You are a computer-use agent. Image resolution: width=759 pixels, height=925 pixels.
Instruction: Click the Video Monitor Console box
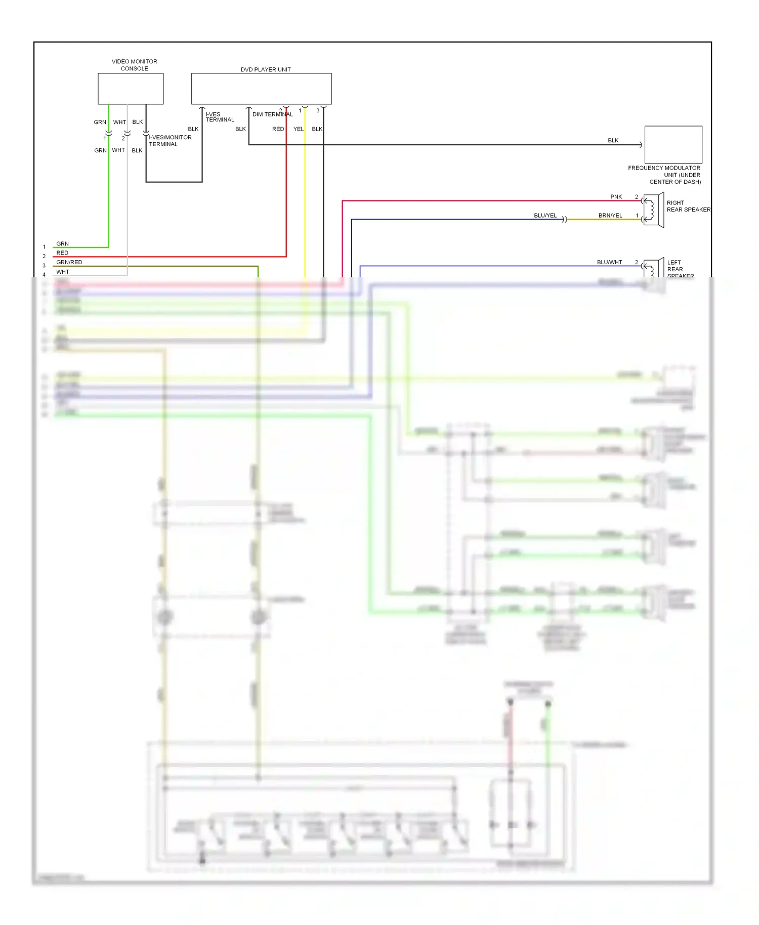tap(131, 89)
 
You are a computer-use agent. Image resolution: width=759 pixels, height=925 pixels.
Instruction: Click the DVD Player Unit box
tap(261, 89)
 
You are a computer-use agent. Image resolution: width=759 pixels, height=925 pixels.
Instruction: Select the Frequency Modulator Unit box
tap(673, 144)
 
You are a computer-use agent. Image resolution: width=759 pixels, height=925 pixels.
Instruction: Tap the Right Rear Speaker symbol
tap(653, 210)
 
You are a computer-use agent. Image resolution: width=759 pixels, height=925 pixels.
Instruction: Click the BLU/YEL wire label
tap(545, 216)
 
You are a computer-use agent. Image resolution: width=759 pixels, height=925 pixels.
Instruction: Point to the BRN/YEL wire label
tap(610, 216)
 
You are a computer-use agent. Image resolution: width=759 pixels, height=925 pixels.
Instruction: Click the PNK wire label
tap(616, 197)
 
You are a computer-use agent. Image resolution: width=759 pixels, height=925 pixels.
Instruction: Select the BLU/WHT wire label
tap(609, 262)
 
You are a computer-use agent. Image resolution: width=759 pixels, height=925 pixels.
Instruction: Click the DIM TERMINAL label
tap(272, 114)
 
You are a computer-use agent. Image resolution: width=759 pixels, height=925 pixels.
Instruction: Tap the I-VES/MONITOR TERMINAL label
tap(170, 141)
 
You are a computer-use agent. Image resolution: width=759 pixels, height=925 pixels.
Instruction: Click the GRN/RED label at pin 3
tap(69, 262)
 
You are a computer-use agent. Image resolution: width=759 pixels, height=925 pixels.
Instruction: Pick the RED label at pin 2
tap(62, 253)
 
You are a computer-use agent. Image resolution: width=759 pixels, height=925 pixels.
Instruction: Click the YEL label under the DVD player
tap(299, 129)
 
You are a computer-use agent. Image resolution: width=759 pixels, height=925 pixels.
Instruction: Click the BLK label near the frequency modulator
tap(613, 140)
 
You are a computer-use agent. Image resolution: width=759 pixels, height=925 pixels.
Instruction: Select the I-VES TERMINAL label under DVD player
tap(220, 117)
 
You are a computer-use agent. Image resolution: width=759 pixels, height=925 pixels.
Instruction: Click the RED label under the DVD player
tap(278, 129)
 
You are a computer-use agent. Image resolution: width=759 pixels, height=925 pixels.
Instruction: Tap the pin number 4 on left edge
tap(44, 275)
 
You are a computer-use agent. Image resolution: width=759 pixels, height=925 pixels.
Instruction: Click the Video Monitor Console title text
tap(134, 65)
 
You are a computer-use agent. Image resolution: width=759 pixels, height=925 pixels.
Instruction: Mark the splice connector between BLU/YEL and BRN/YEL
tap(565, 219)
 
